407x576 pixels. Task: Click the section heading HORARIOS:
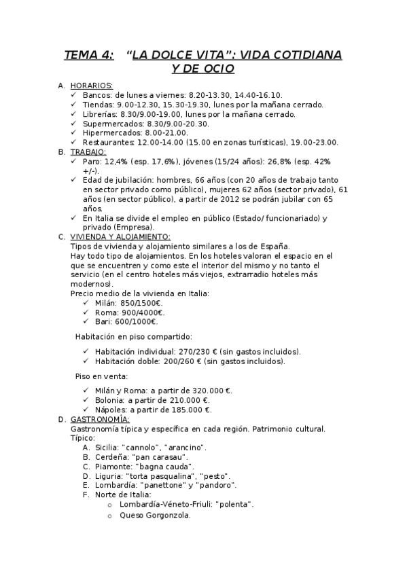(92, 86)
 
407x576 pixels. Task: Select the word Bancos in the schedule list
(96, 95)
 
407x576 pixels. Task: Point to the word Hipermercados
(110, 133)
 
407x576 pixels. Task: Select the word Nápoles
(111, 410)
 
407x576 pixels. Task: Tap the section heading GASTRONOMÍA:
(100, 419)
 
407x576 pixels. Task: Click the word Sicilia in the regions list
(107, 448)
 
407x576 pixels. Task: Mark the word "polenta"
(234, 505)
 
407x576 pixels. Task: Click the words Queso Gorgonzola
(154, 515)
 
